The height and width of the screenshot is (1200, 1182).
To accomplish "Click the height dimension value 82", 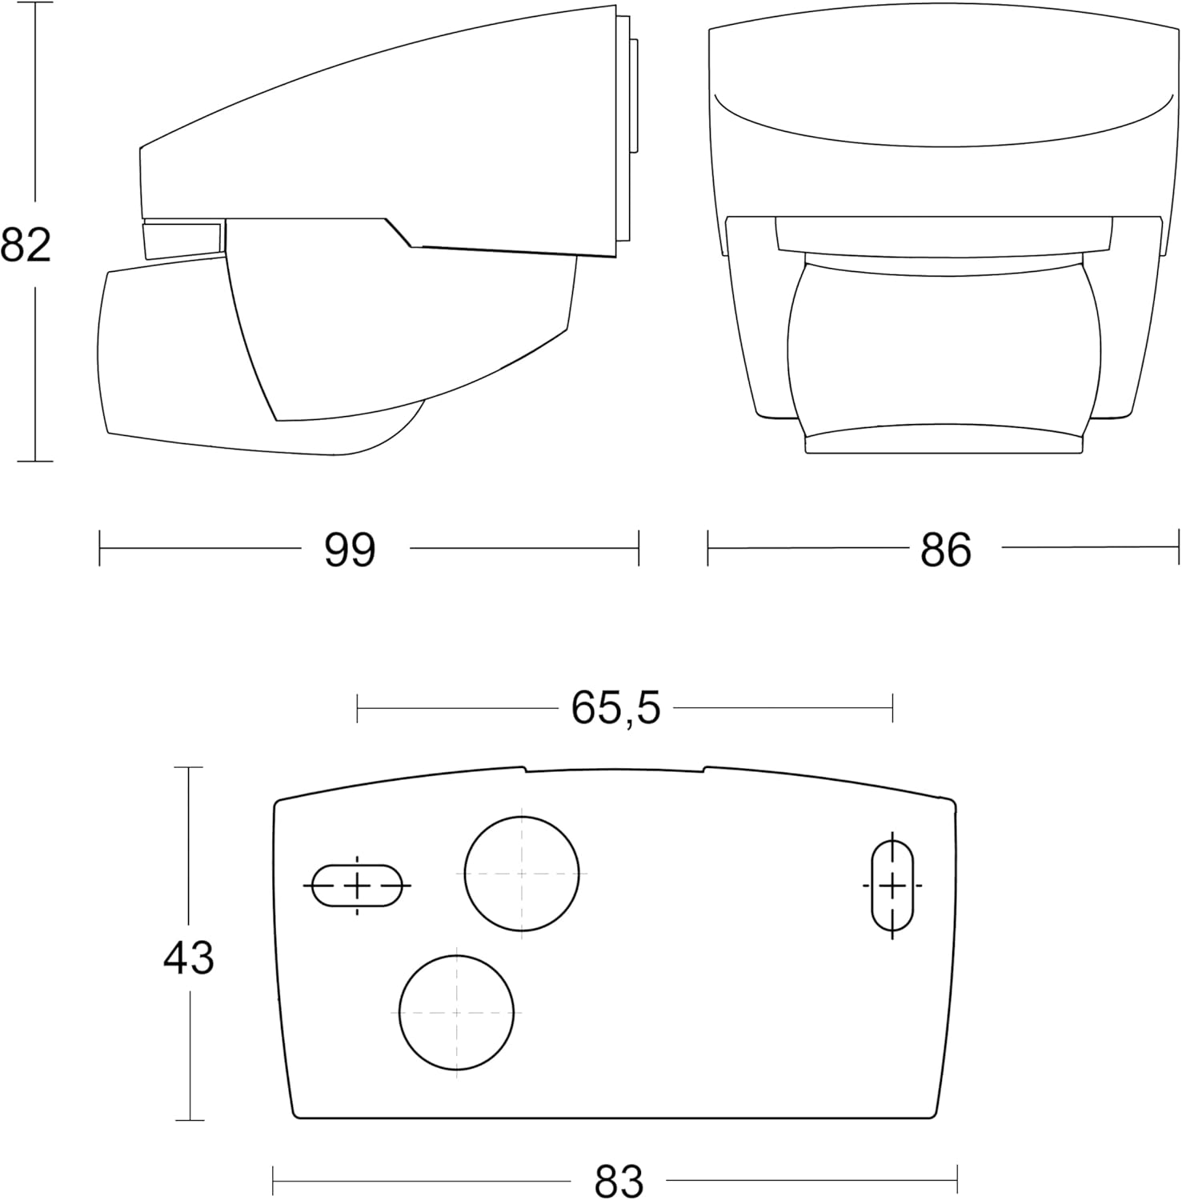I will [x=26, y=246].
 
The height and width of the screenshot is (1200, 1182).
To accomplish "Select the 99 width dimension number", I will [x=350, y=550].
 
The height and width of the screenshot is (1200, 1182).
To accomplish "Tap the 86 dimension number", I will [x=945, y=550].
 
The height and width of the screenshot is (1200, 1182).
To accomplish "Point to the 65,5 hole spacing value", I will [x=615, y=708].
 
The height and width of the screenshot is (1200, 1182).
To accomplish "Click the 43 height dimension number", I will [x=189, y=958].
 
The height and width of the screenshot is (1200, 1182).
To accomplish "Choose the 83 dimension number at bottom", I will [x=619, y=1181].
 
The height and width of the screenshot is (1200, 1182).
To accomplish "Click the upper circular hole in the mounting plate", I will [x=522, y=874].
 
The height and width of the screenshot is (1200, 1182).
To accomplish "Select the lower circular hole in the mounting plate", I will [x=456, y=1012].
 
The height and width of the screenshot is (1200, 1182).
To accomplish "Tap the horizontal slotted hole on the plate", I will [x=357, y=886].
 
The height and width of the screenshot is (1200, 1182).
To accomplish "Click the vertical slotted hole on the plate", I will [x=892, y=886].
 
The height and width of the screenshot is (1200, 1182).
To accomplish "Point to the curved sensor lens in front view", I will [x=944, y=352].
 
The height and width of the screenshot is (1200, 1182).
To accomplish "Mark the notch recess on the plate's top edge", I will [x=615, y=770].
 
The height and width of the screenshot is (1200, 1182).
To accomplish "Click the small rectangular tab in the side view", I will [x=182, y=240].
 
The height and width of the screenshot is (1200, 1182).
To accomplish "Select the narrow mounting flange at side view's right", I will [x=633, y=96].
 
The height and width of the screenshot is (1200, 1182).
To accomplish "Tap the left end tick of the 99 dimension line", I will [x=99, y=548].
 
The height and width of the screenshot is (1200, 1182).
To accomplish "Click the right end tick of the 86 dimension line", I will [x=1178, y=548].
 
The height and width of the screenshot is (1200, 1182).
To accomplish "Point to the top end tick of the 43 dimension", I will [x=189, y=767].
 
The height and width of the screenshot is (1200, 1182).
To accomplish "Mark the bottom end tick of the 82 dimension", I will [x=34, y=462].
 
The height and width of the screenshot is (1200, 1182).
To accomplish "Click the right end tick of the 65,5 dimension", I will [x=892, y=708].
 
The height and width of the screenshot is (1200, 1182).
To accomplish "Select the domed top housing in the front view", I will [x=944, y=120].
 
